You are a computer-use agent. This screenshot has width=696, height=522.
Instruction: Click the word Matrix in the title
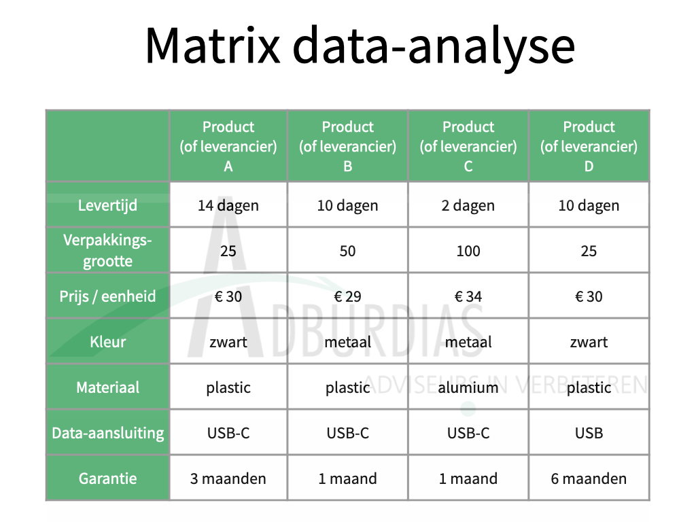coord(213,46)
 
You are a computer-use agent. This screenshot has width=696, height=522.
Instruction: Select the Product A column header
coord(228,146)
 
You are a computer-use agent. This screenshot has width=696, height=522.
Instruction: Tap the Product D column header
coord(589,146)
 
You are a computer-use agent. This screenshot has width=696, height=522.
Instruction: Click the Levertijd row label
coord(107,205)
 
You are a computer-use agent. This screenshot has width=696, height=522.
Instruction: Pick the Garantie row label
coord(107,478)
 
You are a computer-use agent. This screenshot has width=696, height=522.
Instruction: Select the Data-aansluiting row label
coord(108,433)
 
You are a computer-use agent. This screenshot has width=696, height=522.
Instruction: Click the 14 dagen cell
coord(228,205)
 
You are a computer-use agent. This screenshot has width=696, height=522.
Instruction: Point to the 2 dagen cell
coord(468,205)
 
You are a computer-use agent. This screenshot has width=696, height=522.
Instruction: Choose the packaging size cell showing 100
coord(468,251)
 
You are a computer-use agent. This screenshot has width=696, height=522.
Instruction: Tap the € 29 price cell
coord(347,296)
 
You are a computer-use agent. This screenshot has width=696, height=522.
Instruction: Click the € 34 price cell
coord(468,296)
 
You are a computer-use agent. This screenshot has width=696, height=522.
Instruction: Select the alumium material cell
coord(468,387)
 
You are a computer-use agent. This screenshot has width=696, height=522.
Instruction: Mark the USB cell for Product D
coord(589,433)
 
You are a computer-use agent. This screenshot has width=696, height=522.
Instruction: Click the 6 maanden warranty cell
coord(589,478)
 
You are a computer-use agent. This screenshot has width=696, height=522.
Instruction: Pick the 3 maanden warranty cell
coord(228,478)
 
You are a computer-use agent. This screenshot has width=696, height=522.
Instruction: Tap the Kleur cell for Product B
coord(347,343)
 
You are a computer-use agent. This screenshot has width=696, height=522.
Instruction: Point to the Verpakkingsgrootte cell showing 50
coord(347,251)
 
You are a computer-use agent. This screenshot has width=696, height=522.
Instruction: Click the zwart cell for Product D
coord(589,343)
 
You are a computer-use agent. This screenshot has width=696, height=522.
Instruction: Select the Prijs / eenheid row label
coord(107,296)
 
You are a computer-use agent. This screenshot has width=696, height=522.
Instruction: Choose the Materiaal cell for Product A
coord(228,387)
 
